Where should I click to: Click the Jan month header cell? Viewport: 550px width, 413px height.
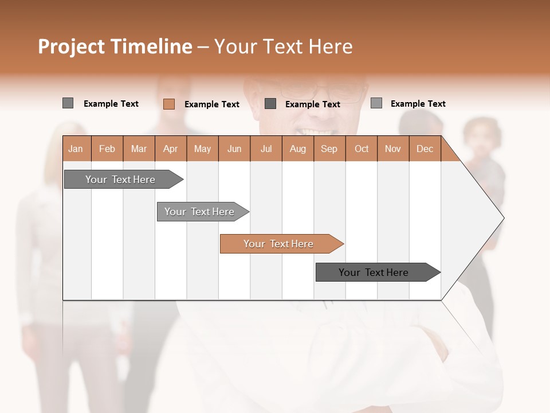coord(76,149)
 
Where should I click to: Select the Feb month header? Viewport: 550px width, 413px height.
coord(107,149)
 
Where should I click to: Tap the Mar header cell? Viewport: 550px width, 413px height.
coord(139,149)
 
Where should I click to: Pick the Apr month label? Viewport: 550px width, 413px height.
coord(171,149)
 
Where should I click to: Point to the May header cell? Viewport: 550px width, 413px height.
coord(202,149)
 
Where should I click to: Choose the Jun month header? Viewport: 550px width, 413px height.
coord(234,149)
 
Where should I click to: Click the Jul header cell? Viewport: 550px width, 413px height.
coord(266,149)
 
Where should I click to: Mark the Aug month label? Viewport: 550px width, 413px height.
coord(298,149)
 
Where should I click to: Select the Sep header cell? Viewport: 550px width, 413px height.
coord(329,149)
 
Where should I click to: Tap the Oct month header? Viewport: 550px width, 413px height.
coord(362,149)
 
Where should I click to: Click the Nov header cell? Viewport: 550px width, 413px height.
coord(393,149)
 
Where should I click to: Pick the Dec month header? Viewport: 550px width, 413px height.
coord(425,149)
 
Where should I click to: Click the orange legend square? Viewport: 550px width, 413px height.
coord(169,104)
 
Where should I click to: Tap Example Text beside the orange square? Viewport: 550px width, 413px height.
coord(212,104)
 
